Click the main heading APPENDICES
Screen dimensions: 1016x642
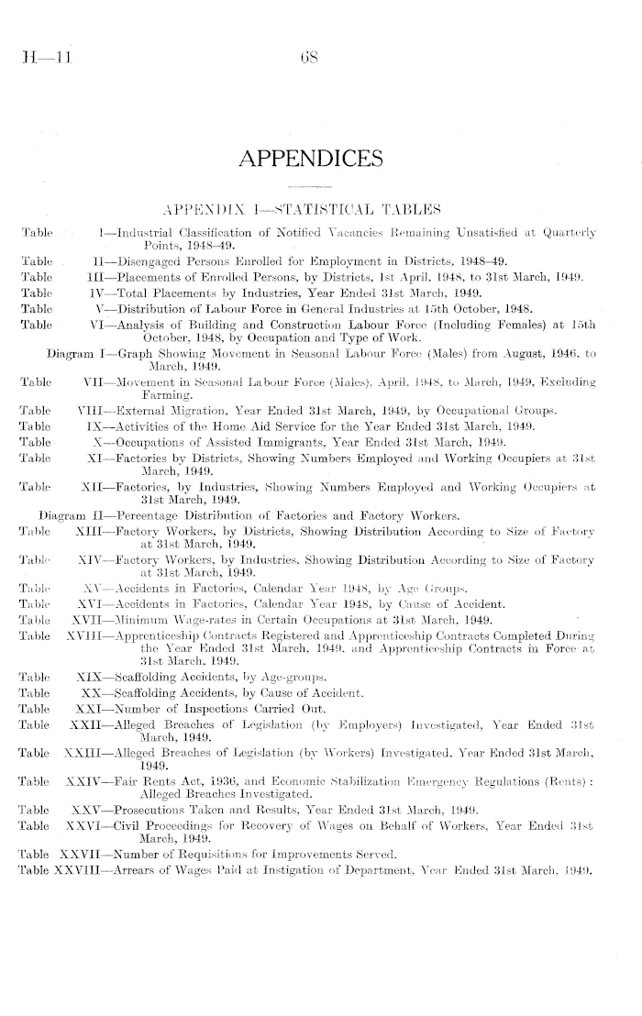321,162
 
